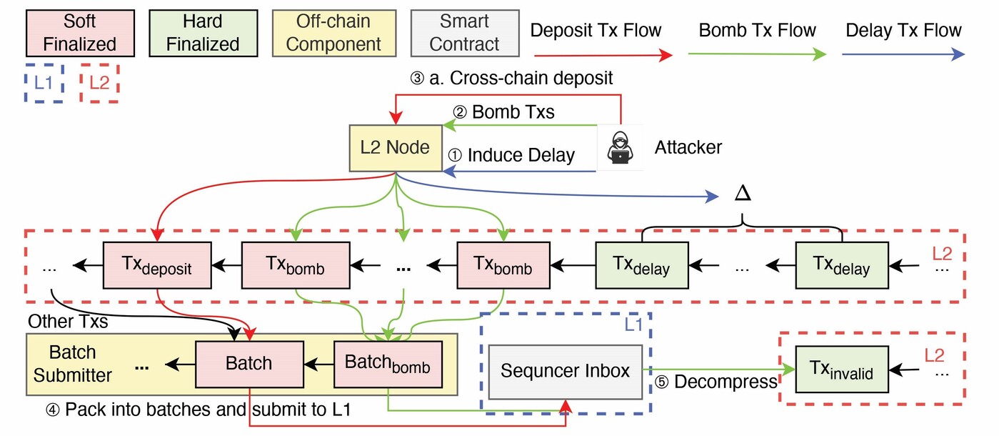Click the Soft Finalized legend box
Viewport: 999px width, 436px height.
pyautogui.click(x=80, y=32)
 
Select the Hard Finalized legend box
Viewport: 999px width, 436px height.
pyautogui.click(x=203, y=32)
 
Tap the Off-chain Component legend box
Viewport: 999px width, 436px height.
pyautogui.click(x=333, y=32)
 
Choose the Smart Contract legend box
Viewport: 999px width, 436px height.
pyautogui.click(x=465, y=32)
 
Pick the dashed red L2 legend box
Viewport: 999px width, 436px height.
pyautogui.click(x=99, y=83)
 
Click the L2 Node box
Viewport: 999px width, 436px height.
pyautogui.click(x=395, y=148)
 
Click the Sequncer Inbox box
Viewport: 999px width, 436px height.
pyautogui.click(x=565, y=371)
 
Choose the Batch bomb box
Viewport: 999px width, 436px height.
pyautogui.click(x=387, y=363)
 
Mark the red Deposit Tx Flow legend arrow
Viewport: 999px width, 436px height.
pyautogui.click(x=603, y=55)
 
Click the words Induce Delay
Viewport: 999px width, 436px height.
pyautogui.click(x=521, y=155)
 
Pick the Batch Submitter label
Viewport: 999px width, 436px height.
pyautogui.click(x=74, y=364)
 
